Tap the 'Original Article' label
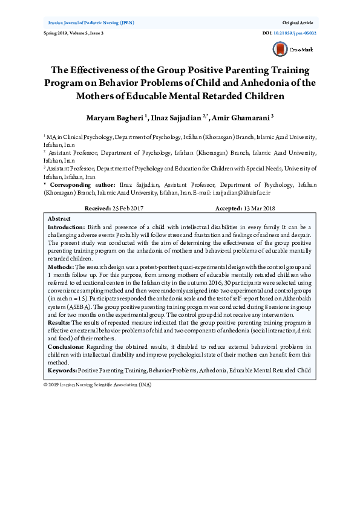[299, 22]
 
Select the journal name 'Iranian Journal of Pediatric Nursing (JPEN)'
[91, 22]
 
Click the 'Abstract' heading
[59, 218]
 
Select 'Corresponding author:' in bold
[81, 184]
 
